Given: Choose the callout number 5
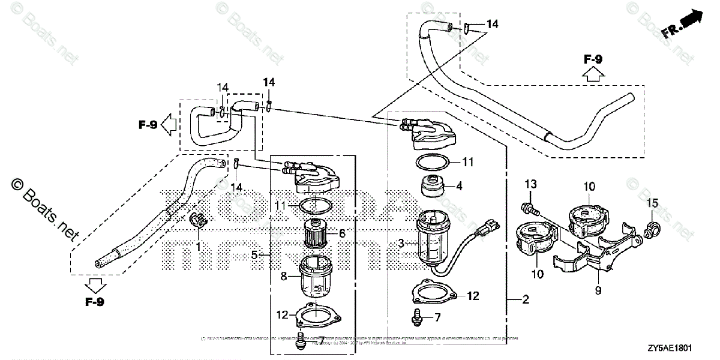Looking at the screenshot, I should (x=254, y=255).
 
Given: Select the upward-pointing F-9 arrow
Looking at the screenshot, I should (x=593, y=74).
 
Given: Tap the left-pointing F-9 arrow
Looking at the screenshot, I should (x=169, y=125).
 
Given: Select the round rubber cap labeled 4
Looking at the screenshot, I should (x=431, y=187).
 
